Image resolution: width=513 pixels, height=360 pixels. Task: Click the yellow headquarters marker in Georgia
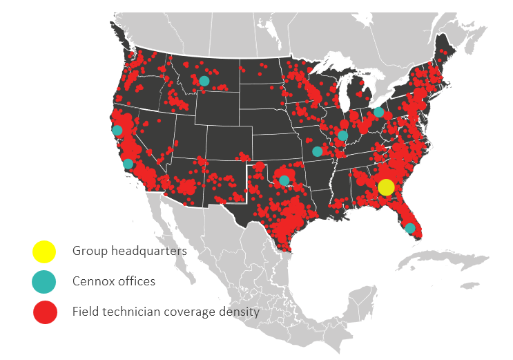click(x=386, y=187)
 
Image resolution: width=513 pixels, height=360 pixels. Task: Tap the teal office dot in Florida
click(x=410, y=228)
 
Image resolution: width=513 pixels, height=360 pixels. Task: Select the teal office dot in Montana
click(x=204, y=81)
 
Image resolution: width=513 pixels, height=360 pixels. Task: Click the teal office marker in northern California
click(x=117, y=130)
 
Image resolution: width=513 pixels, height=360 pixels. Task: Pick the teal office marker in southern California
click(x=128, y=164)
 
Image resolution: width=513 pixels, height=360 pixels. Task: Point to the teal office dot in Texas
click(x=284, y=180)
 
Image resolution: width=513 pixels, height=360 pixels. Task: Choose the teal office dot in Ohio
click(x=378, y=112)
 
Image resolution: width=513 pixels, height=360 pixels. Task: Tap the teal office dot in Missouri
click(x=317, y=151)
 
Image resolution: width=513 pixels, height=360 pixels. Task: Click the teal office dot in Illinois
click(x=342, y=135)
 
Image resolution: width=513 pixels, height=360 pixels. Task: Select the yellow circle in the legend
click(x=43, y=252)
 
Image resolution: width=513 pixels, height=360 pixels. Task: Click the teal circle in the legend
click(x=43, y=282)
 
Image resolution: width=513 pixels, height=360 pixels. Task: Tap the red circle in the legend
click(x=43, y=312)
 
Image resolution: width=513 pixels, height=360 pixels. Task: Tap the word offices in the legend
click(x=136, y=281)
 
